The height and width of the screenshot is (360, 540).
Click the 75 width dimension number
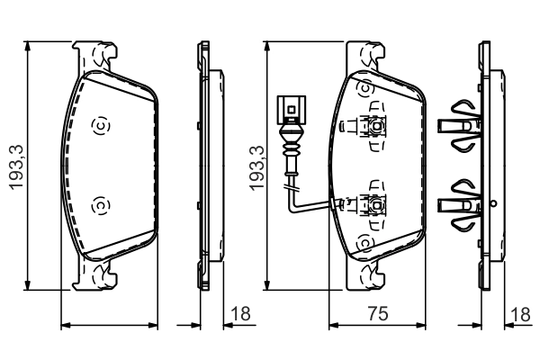(x=378, y=313)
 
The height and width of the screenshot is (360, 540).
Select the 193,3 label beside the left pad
(x=16, y=166)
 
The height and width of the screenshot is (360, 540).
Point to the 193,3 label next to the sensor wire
(x=256, y=167)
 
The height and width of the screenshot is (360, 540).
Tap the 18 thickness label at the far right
(x=520, y=314)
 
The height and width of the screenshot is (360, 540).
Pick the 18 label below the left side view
(x=240, y=314)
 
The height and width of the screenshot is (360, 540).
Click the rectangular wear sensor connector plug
(x=291, y=110)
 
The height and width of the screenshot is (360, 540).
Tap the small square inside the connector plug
(x=291, y=110)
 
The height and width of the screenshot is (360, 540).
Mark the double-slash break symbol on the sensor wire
(x=292, y=188)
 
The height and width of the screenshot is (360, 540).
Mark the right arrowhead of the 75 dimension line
(x=420, y=325)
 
